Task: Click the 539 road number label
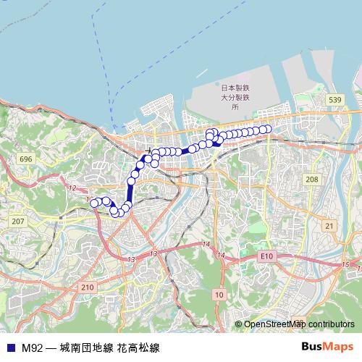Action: [334, 99]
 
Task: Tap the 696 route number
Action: [26, 159]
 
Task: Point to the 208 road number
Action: [312, 179]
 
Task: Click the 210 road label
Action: [88, 287]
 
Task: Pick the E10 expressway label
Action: [267, 256]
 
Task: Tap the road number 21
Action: [329, 227]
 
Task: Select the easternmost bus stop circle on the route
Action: [267, 129]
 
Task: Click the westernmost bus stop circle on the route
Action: [93, 203]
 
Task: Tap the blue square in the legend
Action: [10, 348]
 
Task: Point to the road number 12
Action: [72, 188]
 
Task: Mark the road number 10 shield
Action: [219, 295]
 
